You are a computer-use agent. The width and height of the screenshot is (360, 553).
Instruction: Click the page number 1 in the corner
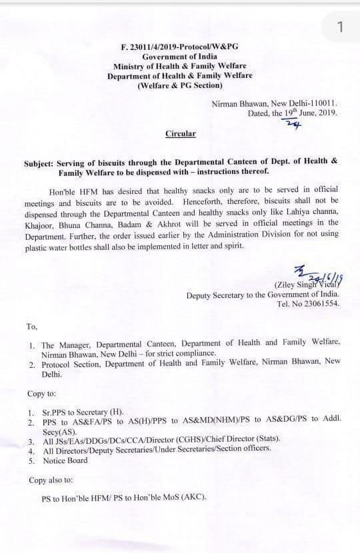tap(340, 27)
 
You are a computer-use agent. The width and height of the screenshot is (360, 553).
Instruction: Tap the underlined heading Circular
tap(180, 133)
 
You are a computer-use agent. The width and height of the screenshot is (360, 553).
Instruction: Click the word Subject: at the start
tap(39, 162)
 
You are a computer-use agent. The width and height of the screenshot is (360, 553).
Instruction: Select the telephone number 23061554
tap(319, 303)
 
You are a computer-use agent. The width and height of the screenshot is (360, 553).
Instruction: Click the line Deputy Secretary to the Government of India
tap(263, 294)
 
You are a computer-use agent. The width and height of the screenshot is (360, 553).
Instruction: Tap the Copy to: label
tap(41, 393)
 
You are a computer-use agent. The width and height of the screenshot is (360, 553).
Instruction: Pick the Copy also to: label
tap(51, 480)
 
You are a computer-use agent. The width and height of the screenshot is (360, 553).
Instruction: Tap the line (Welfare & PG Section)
tap(180, 86)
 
